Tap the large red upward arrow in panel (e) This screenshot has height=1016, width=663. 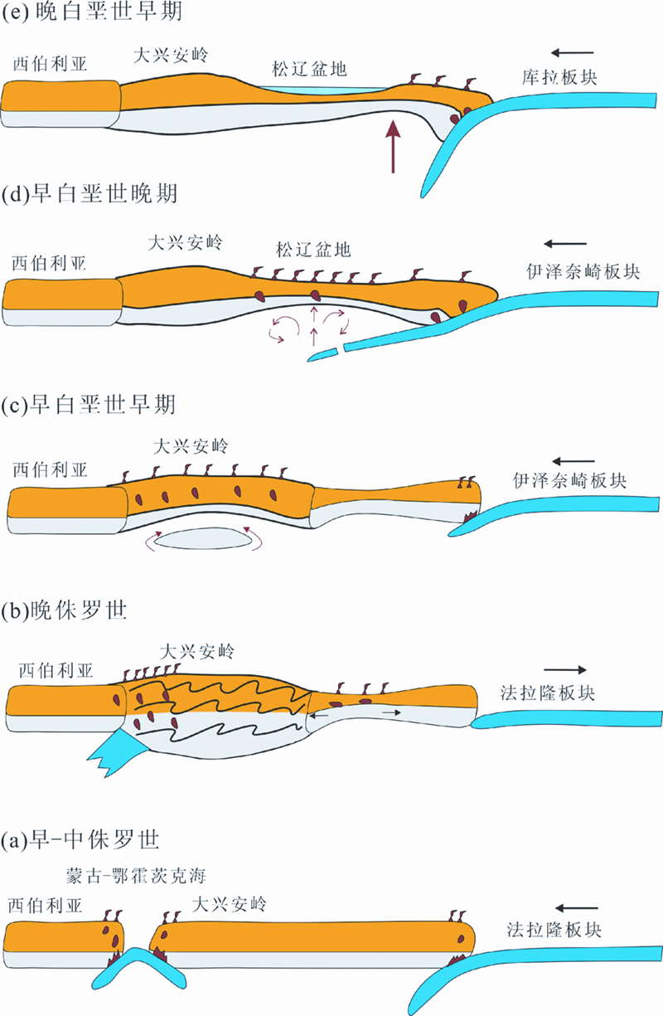[394, 146]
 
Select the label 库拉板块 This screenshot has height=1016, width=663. [559, 77]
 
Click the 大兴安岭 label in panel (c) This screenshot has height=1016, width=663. [191, 446]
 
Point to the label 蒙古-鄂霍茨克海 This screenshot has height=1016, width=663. [135, 876]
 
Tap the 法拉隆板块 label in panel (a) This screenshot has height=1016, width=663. [554, 931]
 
